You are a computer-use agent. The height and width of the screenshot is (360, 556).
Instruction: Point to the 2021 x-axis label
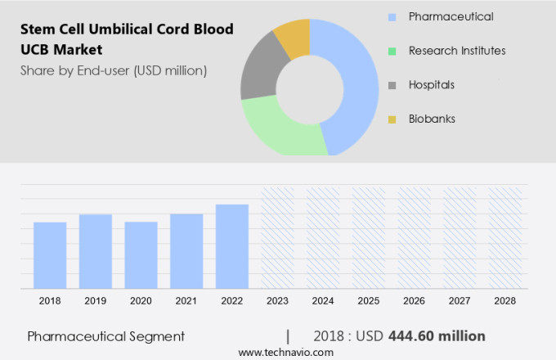[186, 301]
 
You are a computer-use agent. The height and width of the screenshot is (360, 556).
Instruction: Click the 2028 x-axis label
[504, 301]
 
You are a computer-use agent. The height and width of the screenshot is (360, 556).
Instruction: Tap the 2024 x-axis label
[323, 301]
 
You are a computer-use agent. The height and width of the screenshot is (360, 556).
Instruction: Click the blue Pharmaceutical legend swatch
[392, 16]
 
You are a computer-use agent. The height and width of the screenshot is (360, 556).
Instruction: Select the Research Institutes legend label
[457, 51]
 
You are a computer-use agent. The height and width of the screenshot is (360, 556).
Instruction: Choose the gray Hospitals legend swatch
[392, 85]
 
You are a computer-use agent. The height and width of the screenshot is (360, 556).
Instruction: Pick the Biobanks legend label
[432, 119]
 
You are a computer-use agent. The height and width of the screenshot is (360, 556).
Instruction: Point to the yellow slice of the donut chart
[293, 37]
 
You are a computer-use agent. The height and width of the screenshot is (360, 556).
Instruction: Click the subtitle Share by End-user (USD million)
[114, 70]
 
